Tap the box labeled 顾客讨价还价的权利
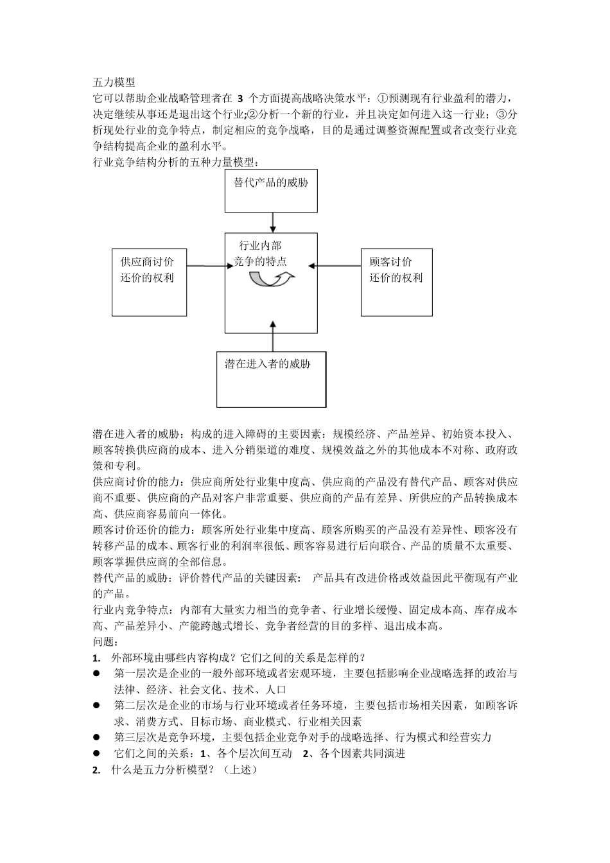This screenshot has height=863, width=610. coord(396,282)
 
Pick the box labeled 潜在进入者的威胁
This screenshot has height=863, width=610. coord(271,379)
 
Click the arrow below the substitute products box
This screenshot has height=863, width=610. coord(274,222)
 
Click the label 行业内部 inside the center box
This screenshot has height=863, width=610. coord(260,245)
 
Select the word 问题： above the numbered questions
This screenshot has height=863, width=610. coord(106,641)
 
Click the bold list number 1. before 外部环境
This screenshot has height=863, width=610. coord(97,658)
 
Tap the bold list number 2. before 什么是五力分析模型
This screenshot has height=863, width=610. coord(97,769)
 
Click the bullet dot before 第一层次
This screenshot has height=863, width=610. coord(97,674)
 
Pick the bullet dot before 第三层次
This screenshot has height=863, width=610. coord(97,737)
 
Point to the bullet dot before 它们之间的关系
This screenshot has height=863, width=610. coord(97,753)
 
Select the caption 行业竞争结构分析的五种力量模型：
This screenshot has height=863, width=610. coord(177,163)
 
